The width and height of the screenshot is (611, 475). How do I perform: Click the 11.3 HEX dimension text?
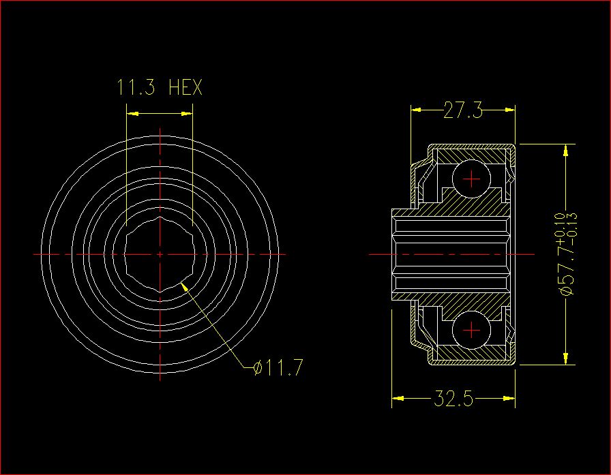[160, 87]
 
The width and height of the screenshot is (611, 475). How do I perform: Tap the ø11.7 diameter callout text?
[278, 367]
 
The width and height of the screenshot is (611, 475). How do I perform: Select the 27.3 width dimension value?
[463, 110]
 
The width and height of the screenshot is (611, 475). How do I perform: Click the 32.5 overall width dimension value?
[453, 399]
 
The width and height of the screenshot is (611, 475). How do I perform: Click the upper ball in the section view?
[471, 179]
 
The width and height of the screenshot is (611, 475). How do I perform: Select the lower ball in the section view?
[471, 330]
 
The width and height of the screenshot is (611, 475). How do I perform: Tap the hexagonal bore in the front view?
[160, 254]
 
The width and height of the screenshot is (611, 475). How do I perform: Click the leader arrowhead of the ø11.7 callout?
[184, 286]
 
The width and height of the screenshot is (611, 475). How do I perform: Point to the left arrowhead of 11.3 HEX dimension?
[132, 114]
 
